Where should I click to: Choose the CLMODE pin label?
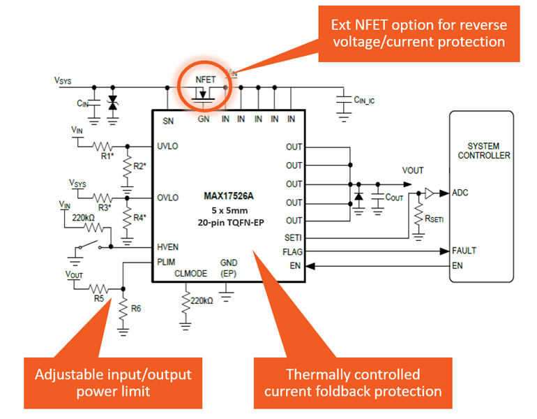[x=190, y=274]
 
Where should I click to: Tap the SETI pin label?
[x=293, y=238]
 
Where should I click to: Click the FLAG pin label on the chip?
[x=293, y=251]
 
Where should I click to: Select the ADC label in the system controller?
[x=461, y=192]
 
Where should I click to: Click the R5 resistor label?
[x=101, y=298]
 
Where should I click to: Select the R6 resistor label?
[x=136, y=308]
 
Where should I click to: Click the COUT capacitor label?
[x=395, y=198]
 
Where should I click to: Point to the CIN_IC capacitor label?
[x=365, y=101]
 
